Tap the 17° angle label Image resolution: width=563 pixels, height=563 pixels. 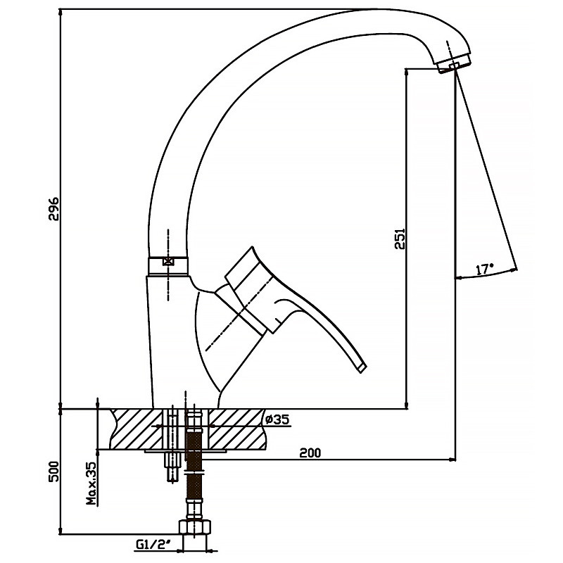coord(485,270)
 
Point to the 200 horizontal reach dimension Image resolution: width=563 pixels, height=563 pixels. coord(310,453)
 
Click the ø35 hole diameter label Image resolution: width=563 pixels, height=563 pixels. coord(277,419)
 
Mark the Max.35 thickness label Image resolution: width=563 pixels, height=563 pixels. coord(92,483)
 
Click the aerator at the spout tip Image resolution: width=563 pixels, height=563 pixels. coord(455,63)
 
